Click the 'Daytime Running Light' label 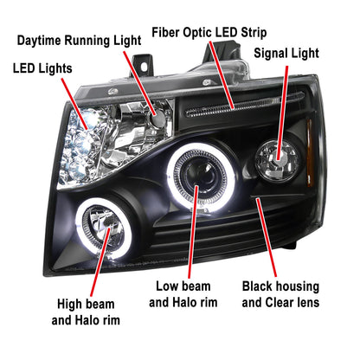click(79, 41)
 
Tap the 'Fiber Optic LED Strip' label click(209, 32)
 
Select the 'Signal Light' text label click(286, 54)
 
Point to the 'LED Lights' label click(42, 68)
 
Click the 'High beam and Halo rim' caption click(86, 312)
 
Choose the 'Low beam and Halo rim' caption click(183, 294)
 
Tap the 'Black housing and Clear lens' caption click(280, 294)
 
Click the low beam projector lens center click(200, 176)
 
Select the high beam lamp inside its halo click(103, 228)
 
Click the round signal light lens click(277, 159)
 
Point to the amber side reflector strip click(310, 152)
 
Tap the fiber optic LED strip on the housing click(245, 104)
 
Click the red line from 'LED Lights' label click(74, 104)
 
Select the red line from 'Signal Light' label click(283, 113)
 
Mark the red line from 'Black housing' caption click(267, 237)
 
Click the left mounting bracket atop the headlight click(142, 66)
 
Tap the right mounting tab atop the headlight click(222, 52)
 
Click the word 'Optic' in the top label click(198, 33)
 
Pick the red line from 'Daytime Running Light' click(140, 84)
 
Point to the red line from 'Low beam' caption click(193, 232)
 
